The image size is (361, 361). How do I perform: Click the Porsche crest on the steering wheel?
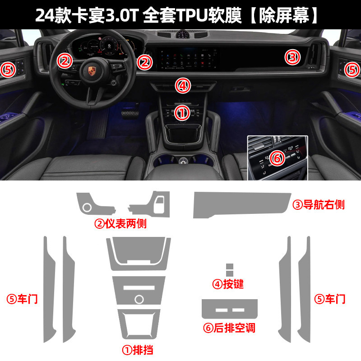click(92, 70)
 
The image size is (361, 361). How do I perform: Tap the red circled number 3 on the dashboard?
click(292, 57)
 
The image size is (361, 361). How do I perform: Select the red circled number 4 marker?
click(183, 86)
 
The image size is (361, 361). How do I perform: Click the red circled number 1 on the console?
click(182, 113)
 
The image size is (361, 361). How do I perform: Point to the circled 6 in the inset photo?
click(277, 158)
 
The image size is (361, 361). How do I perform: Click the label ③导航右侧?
click(319, 205)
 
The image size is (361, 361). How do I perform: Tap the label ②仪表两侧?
click(120, 223)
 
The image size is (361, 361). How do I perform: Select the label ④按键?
click(228, 284)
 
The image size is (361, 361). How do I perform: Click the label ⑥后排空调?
click(229, 328)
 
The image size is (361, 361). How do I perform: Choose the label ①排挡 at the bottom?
click(138, 350)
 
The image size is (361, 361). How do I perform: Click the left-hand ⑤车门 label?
click(22, 299)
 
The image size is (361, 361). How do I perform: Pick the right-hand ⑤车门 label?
click(330, 299)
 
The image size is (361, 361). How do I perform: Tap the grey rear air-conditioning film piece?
click(230, 309)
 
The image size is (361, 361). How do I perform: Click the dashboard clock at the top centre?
click(183, 34)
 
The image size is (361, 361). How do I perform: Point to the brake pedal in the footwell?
click(130, 114)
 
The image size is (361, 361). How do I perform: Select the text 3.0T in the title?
click(122, 16)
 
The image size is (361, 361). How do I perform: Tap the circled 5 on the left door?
click(8, 70)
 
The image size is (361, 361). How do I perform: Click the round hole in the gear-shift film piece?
click(139, 299)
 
